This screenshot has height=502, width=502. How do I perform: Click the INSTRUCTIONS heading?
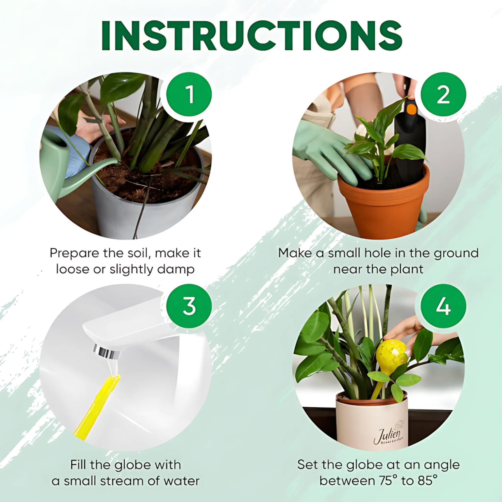pos(251,36)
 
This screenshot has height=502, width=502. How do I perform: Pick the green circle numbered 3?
pos(189,306)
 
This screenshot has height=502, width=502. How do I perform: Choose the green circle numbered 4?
pos(443,306)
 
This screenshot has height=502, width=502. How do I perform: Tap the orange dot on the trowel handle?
pos(411,109)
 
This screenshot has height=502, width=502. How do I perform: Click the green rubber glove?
pos(327,151)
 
